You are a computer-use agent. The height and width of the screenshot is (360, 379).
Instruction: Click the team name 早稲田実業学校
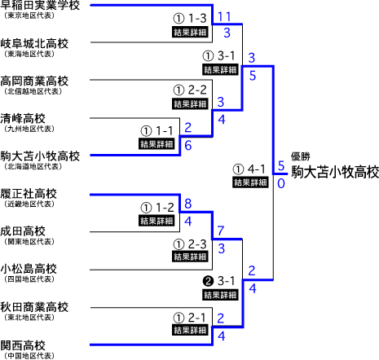click(x=40, y=5)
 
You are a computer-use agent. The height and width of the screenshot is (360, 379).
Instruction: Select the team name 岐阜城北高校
click(x=34, y=43)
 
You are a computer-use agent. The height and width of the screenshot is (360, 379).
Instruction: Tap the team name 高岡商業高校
click(x=34, y=81)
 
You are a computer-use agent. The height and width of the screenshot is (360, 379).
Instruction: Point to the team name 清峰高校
click(x=23, y=118)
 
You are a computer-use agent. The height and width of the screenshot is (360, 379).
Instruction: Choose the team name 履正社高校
click(x=29, y=194)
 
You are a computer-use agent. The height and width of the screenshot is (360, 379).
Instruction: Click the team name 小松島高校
click(x=29, y=269)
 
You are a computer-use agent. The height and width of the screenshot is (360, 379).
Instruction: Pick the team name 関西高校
click(x=23, y=345)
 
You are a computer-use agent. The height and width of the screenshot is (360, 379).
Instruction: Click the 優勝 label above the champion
click(x=301, y=156)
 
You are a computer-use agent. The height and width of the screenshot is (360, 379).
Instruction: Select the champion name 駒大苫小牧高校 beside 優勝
click(x=335, y=172)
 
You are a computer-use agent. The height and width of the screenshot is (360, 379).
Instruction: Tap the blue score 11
click(x=224, y=17)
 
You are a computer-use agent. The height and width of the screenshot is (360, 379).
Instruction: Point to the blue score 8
click(x=188, y=204)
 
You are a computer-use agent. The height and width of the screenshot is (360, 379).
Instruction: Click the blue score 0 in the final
click(x=281, y=183)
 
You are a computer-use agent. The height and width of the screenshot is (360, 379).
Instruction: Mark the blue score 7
click(x=221, y=230)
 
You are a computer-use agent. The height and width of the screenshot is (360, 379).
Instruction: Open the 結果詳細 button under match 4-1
click(x=250, y=182)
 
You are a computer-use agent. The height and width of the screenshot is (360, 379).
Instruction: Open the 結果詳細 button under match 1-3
click(x=190, y=32)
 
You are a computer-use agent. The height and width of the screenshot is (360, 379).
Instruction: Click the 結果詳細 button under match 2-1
click(x=190, y=330)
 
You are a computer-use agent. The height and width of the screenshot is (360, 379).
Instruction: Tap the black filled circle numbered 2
click(x=209, y=281)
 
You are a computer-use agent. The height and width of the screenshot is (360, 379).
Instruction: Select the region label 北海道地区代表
click(x=33, y=166)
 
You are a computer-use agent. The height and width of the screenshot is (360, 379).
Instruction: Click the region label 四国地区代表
click(x=29, y=279)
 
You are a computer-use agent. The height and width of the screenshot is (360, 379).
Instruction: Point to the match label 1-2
click(x=165, y=208)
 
